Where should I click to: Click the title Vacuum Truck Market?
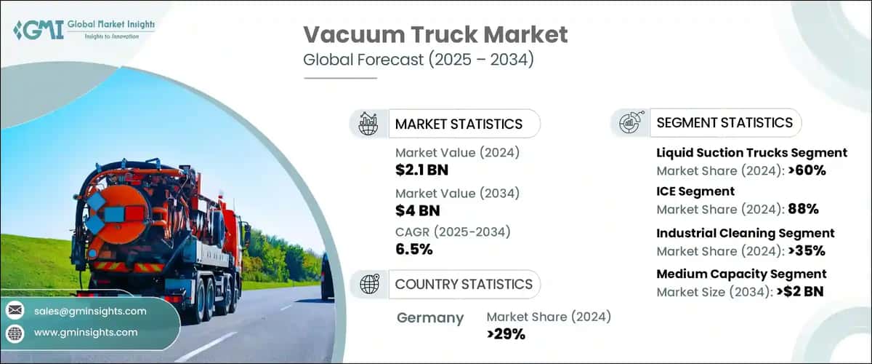[x=435, y=33]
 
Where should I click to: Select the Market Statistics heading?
[x=459, y=124]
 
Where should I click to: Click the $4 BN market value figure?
[x=417, y=211]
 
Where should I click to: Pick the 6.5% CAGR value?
[x=414, y=250]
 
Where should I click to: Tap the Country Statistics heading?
[x=464, y=284]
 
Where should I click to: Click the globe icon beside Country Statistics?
[x=370, y=285]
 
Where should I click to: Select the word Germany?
[x=431, y=317]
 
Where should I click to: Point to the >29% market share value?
[x=506, y=334]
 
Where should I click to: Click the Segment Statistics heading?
[x=724, y=122]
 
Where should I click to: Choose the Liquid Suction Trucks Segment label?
[x=752, y=153]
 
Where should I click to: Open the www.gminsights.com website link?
[x=85, y=332]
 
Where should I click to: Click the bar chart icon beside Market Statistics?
[x=370, y=124]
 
